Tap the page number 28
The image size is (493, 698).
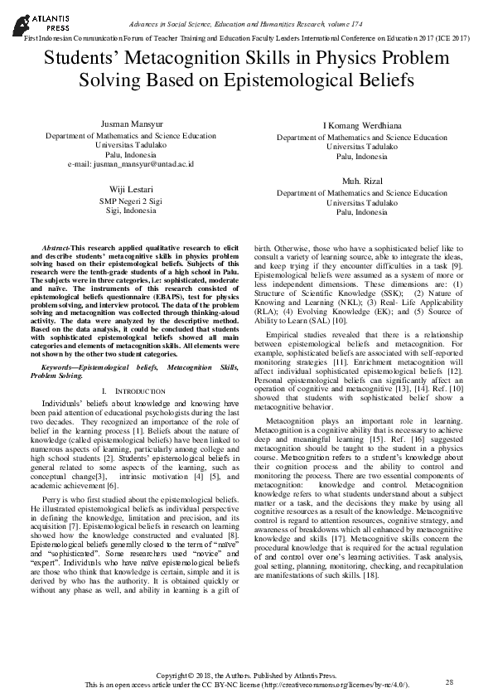point(450,681)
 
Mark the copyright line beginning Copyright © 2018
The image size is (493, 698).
point(246,676)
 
